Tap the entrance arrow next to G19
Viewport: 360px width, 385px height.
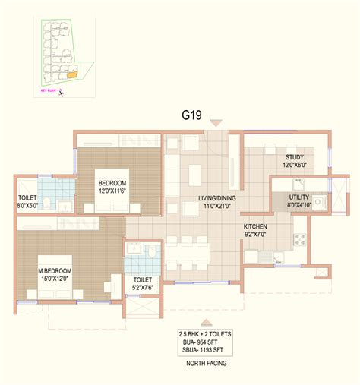coord(216,122)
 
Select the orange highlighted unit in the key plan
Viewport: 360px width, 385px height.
coord(71,75)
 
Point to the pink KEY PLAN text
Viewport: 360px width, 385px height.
coord(48,90)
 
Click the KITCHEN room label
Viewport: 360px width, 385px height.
coord(255,226)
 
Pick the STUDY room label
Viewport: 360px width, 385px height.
coord(273,156)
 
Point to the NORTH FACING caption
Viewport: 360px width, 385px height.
coord(207,364)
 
